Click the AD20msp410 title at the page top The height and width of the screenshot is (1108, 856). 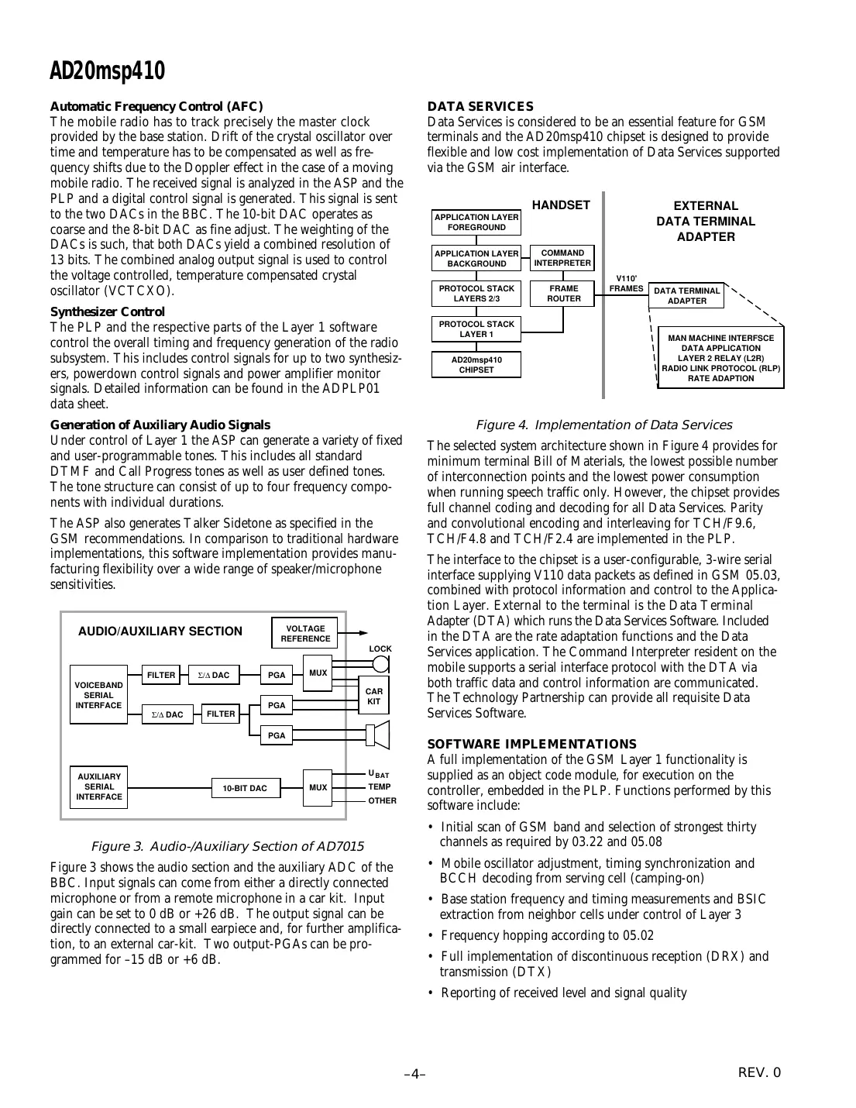pyautogui.click(x=107, y=71)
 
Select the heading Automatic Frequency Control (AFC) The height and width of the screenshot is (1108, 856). pyautogui.click(x=156, y=106)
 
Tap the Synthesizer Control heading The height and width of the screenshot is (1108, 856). pyautogui.click(x=107, y=311)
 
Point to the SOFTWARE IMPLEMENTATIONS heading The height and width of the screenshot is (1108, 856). pyautogui.click(x=532, y=744)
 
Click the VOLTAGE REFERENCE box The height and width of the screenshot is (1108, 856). pyautogui.click(x=305, y=633)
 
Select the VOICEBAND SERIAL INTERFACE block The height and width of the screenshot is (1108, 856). pyautogui.click(x=98, y=695)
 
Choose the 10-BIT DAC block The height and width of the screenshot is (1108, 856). pyautogui.click(x=245, y=788)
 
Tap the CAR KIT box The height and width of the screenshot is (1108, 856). pyautogui.click(x=373, y=696)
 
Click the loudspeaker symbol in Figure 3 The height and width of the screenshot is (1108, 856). pyautogui.click(x=378, y=734)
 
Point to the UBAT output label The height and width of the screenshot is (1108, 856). pyautogui.click(x=378, y=774)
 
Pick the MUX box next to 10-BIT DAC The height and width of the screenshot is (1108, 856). pyautogui.click(x=318, y=788)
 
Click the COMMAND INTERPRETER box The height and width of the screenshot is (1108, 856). pyautogui.click(x=562, y=258)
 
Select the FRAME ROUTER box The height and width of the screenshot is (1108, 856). pyautogui.click(x=564, y=294)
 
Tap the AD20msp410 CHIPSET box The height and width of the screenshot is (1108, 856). pyautogui.click(x=476, y=365)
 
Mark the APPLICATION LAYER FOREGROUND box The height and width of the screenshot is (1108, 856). pyautogui.click(x=476, y=222)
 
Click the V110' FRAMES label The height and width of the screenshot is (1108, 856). pyautogui.click(x=626, y=283)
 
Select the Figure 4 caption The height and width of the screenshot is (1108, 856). pyautogui.click(x=603, y=425)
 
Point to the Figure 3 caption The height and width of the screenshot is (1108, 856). pyautogui.click(x=227, y=846)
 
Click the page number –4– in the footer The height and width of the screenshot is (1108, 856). pyautogui.click(x=415, y=1074)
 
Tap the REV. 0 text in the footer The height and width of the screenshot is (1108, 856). pyautogui.click(x=760, y=1073)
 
